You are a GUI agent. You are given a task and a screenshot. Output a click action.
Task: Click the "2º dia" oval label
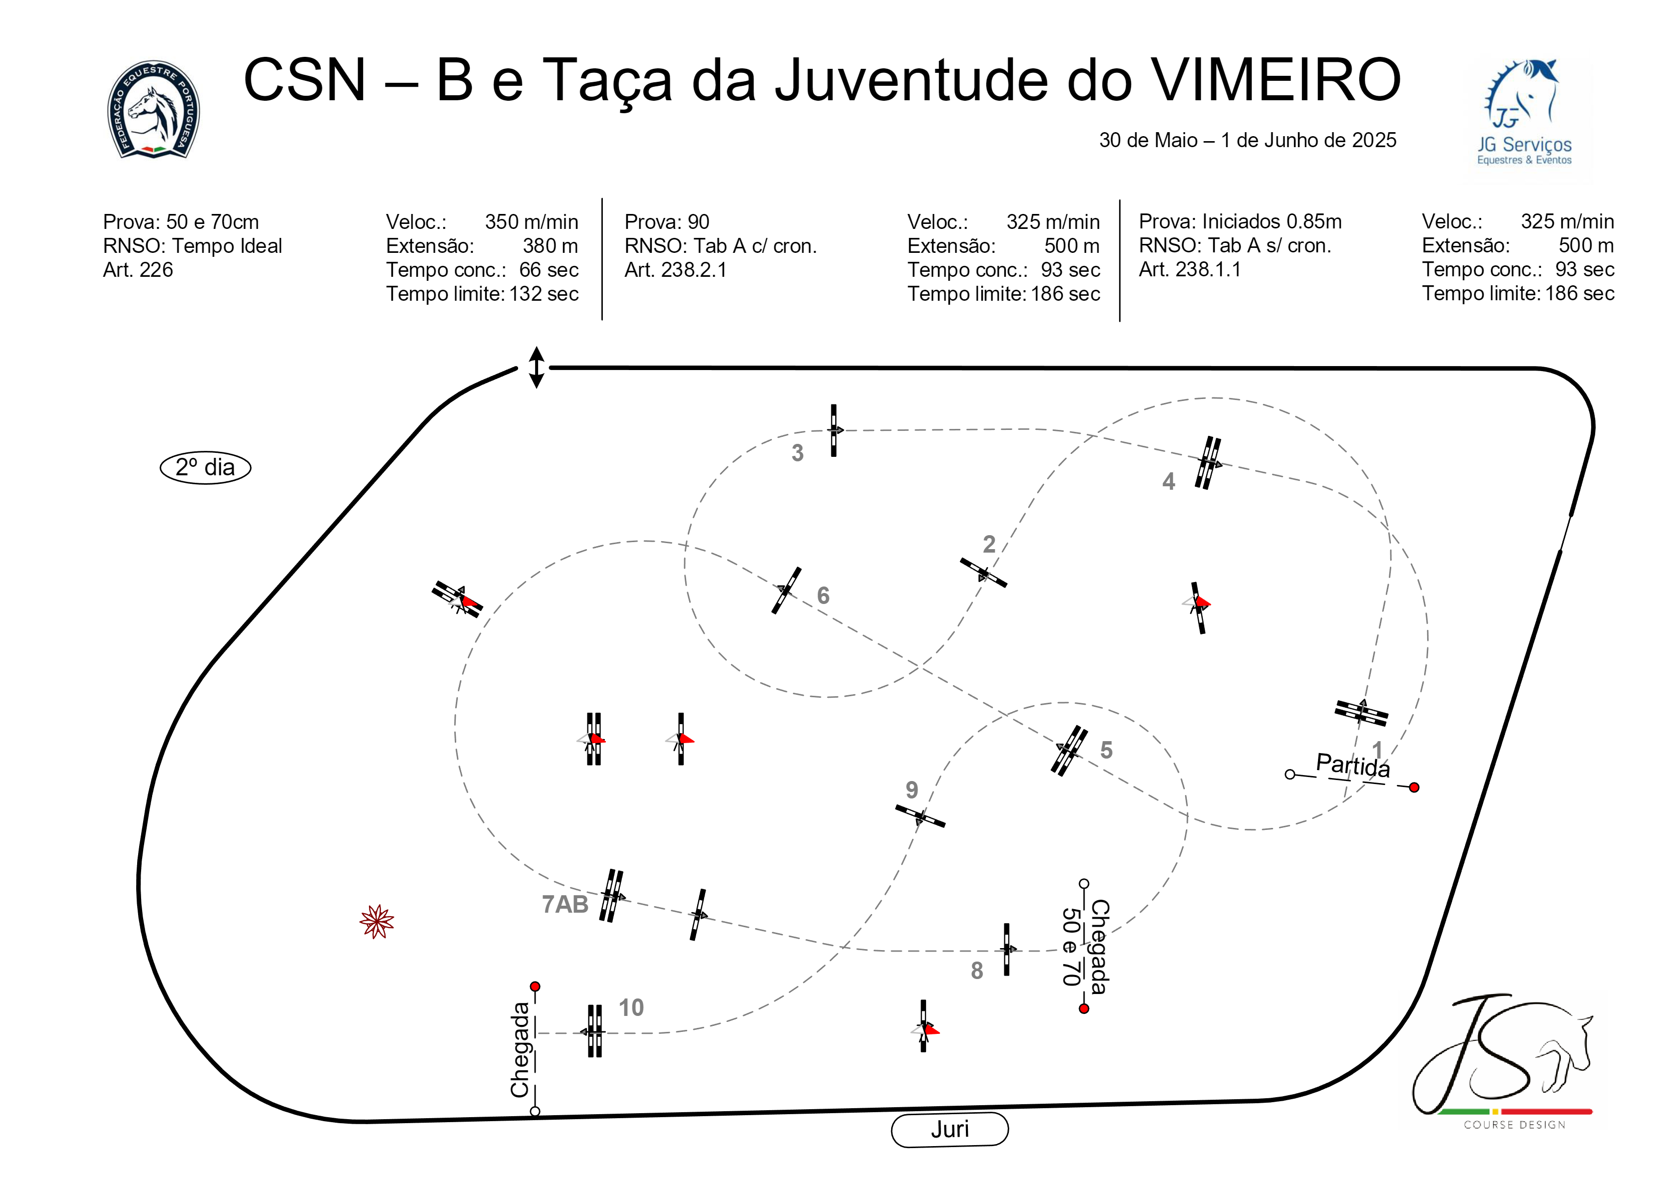[x=205, y=467]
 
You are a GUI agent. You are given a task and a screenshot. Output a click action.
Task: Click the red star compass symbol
[x=376, y=922]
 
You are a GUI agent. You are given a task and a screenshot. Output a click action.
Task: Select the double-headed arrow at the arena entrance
[x=536, y=367]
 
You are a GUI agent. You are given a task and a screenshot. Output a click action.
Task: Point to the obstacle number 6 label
[x=823, y=595]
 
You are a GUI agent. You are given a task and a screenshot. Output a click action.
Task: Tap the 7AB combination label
[x=564, y=905]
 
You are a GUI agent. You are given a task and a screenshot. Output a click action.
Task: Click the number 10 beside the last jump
[x=631, y=1008]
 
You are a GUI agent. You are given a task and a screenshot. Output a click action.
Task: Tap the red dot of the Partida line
[x=1414, y=788]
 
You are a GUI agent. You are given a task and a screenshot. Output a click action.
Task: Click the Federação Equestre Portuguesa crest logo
[x=154, y=110]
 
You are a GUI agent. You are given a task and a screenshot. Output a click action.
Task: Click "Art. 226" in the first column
[x=138, y=270]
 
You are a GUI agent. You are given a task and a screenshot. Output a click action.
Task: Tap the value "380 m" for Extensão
[x=550, y=246]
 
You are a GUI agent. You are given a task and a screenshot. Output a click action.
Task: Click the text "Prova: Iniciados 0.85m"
[x=1240, y=221]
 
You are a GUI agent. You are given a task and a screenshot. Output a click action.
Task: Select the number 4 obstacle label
[x=1168, y=481]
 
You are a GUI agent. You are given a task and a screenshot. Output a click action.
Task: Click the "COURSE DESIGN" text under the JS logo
[x=1514, y=1125]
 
